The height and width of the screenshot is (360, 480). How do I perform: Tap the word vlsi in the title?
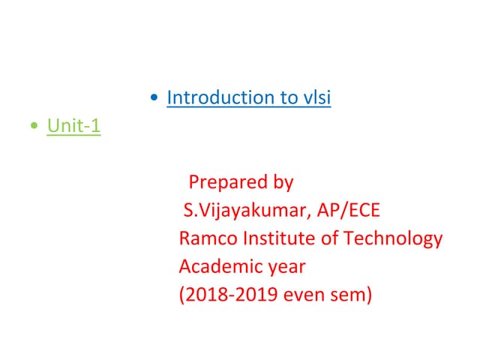click(316, 97)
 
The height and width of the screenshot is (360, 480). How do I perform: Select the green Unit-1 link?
click(73, 127)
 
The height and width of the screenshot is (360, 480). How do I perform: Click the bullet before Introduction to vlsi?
click(154, 98)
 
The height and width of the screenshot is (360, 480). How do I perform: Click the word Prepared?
click(227, 182)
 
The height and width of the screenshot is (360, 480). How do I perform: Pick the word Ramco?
click(205, 239)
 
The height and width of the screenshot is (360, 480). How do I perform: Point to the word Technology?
click(393, 239)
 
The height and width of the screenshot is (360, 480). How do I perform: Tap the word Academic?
click(219, 267)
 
